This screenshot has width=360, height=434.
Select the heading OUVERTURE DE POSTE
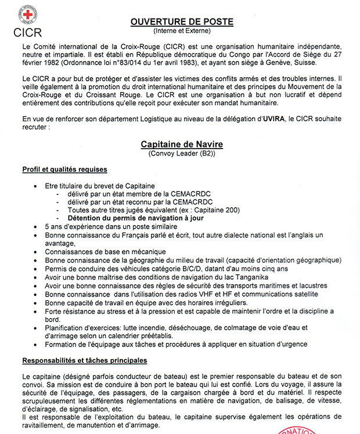pos(182,22)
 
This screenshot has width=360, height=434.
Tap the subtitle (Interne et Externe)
pos(182,31)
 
